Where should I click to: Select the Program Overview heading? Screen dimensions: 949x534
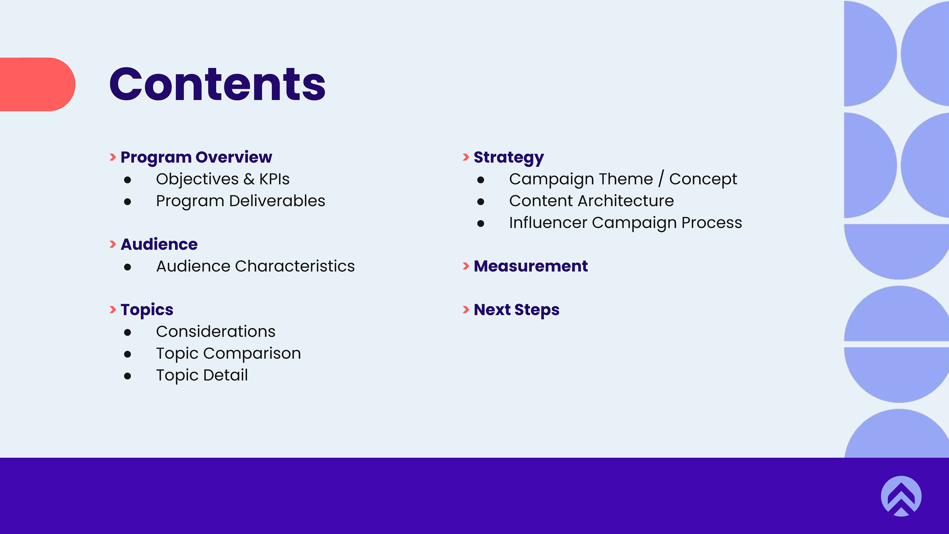(196, 157)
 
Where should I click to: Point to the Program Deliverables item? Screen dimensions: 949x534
(240, 201)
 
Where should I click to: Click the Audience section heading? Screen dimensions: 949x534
(159, 244)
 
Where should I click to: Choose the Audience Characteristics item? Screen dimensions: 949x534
(255, 266)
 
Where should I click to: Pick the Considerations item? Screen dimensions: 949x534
(216, 331)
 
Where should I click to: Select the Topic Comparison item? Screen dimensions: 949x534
(228, 354)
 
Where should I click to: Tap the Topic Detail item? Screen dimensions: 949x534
(202, 375)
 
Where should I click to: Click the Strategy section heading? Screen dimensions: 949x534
(509, 157)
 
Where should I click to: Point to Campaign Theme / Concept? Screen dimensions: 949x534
(623, 179)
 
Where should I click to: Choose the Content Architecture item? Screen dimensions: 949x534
(591, 201)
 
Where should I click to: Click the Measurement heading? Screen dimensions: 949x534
(531, 266)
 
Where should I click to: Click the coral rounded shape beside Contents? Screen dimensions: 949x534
(38, 84)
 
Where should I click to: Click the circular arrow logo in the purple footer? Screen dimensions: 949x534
(901, 496)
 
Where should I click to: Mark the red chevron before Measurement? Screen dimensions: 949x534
(466, 266)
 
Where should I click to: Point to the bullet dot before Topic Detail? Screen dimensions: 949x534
(128, 376)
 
